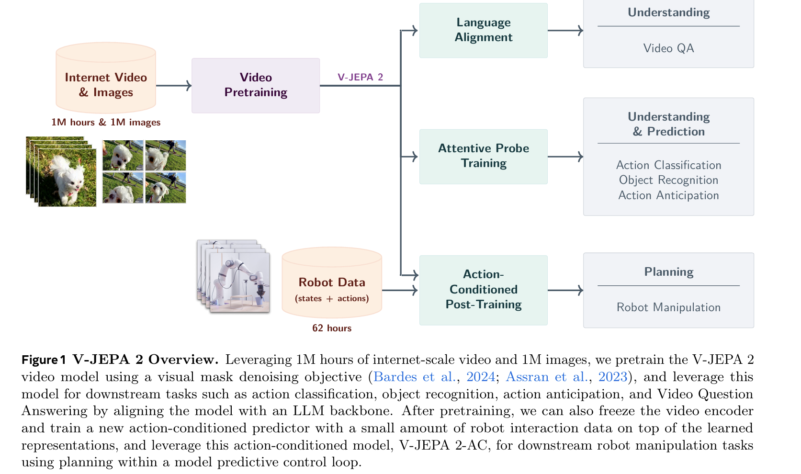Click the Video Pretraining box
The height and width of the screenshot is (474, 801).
pos(256,85)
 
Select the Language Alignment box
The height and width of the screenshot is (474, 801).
pos(483,30)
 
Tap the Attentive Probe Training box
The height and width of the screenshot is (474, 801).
pos(483,156)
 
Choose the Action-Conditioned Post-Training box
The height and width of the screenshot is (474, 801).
pos(483,290)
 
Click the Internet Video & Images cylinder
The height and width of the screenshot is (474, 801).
pos(106,81)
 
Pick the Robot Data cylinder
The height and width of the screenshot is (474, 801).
pos(332,285)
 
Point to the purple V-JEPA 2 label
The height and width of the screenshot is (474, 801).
pos(360,77)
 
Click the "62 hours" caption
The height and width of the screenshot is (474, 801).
pos(332,328)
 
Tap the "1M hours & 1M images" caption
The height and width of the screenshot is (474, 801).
pos(106,122)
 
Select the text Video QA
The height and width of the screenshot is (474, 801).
pos(668,48)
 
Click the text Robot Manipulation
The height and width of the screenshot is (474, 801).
pos(668,307)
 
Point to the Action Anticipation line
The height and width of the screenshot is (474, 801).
pos(668,195)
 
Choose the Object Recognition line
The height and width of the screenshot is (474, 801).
pos(668,180)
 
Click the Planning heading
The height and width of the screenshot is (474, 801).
pos(668,272)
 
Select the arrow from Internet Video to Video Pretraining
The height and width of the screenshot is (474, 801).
pos(173,86)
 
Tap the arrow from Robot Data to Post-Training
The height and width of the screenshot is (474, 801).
pos(400,290)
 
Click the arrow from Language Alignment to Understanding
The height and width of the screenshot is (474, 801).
pos(565,31)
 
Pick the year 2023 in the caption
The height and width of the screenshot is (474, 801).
pos(612,377)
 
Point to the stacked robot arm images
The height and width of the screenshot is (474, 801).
pos(234,276)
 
